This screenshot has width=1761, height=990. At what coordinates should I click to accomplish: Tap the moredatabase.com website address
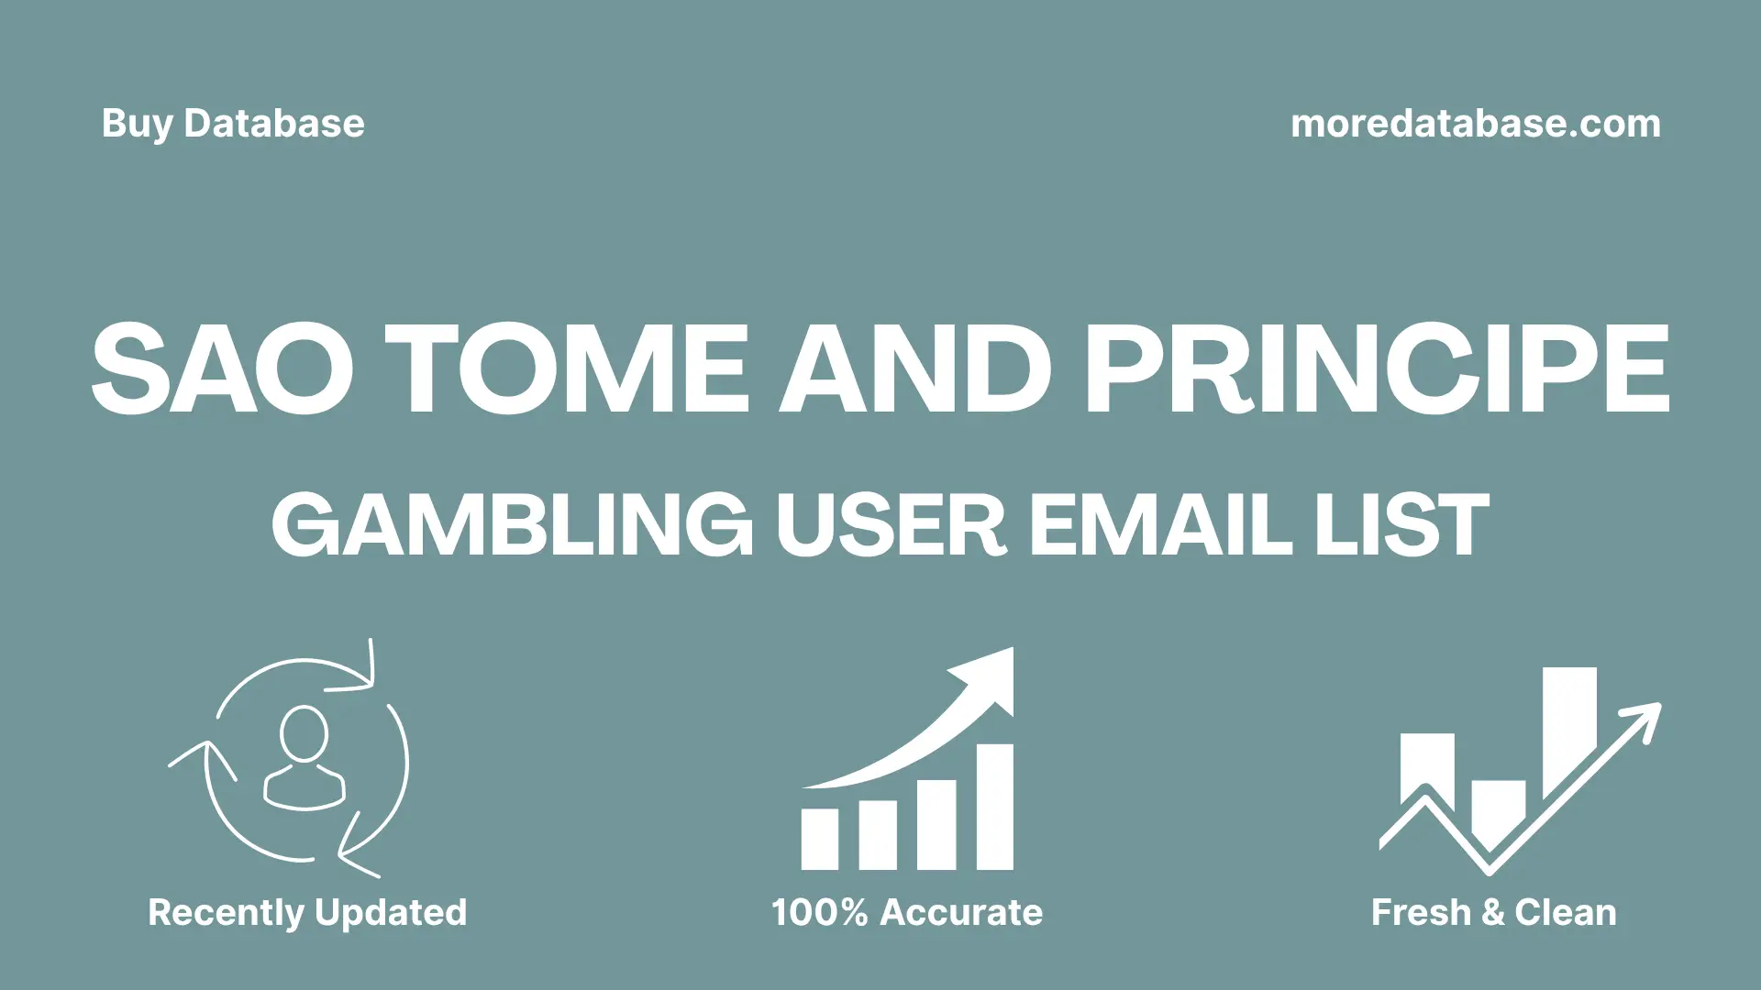(1475, 124)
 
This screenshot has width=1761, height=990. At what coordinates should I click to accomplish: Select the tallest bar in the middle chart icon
(994, 807)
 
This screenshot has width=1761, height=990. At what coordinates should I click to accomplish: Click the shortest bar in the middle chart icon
(819, 839)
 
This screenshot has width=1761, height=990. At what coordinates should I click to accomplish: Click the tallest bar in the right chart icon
(1569, 729)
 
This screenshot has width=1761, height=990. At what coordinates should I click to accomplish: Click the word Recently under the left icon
(226, 913)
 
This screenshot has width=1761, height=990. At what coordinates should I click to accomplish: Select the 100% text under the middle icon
(818, 913)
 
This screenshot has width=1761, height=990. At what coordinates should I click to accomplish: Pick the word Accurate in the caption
(961, 913)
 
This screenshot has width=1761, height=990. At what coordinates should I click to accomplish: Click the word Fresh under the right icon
(1421, 913)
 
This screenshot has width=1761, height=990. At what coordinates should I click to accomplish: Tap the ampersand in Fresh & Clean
(1492, 913)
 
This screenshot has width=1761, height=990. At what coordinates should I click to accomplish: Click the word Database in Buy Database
(274, 125)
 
